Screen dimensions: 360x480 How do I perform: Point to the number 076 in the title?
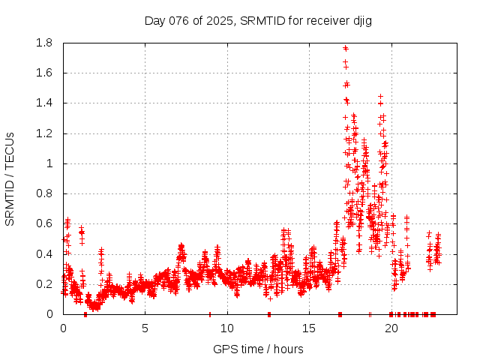pyautogui.click(x=180, y=20)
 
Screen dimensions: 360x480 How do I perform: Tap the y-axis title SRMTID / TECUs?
pyautogui.click(x=10, y=178)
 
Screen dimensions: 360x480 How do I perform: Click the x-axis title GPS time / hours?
pyautogui.click(x=258, y=349)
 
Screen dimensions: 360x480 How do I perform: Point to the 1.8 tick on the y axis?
pyautogui.click(x=44, y=43)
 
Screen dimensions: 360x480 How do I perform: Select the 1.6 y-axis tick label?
pyautogui.click(x=44, y=73)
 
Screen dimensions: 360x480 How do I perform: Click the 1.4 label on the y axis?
pyautogui.click(x=44, y=103)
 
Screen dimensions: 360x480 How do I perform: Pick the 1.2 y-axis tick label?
pyautogui.click(x=44, y=133)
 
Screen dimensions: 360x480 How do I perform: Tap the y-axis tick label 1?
pyautogui.click(x=49, y=163)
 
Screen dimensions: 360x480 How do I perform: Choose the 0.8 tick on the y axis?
pyautogui.click(x=44, y=193)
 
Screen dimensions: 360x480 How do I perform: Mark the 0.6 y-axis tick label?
pyautogui.click(x=44, y=223)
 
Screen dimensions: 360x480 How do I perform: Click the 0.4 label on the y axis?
pyautogui.click(x=44, y=253)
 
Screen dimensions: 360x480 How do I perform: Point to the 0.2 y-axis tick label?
pyautogui.click(x=44, y=284)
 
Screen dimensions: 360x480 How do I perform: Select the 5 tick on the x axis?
pyautogui.click(x=145, y=328)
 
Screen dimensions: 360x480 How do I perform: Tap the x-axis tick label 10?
pyautogui.click(x=227, y=328)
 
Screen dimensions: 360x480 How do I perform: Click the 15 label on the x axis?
pyautogui.click(x=309, y=328)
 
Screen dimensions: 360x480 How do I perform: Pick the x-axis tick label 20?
pyautogui.click(x=391, y=328)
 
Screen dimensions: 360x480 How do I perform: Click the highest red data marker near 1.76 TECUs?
pyautogui.click(x=346, y=48)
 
